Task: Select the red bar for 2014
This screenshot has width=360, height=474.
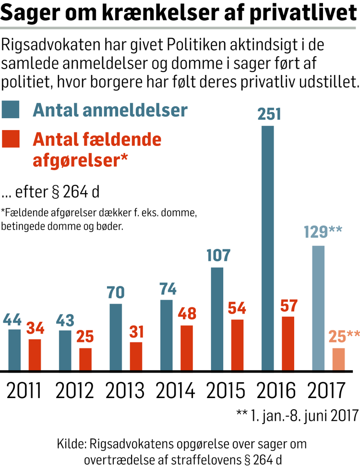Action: click(187, 348)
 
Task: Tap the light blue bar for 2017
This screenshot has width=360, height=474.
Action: click(319, 308)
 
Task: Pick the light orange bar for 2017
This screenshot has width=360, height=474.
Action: click(338, 359)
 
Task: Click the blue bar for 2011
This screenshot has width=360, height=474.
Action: click(15, 350)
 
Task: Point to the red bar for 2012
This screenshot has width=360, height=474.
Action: click(85, 359)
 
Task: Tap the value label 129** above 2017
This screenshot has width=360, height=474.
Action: click(323, 232)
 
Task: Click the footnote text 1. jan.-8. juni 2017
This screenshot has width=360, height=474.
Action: click(303, 414)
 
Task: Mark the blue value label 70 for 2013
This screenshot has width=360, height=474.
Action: click(116, 292)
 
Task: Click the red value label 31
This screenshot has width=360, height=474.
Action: click(136, 331)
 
